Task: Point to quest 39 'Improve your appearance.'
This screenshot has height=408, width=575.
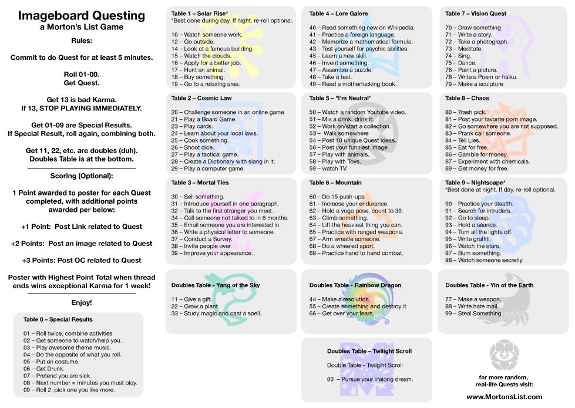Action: (x=212, y=253)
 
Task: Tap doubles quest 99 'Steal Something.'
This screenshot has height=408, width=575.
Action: (x=474, y=313)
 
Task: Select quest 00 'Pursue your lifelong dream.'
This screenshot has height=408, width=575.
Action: (x=370, y=379)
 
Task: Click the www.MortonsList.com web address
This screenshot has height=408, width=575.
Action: (x=504, y=397)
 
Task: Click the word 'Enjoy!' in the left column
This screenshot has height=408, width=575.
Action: (x=82, y=303)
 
